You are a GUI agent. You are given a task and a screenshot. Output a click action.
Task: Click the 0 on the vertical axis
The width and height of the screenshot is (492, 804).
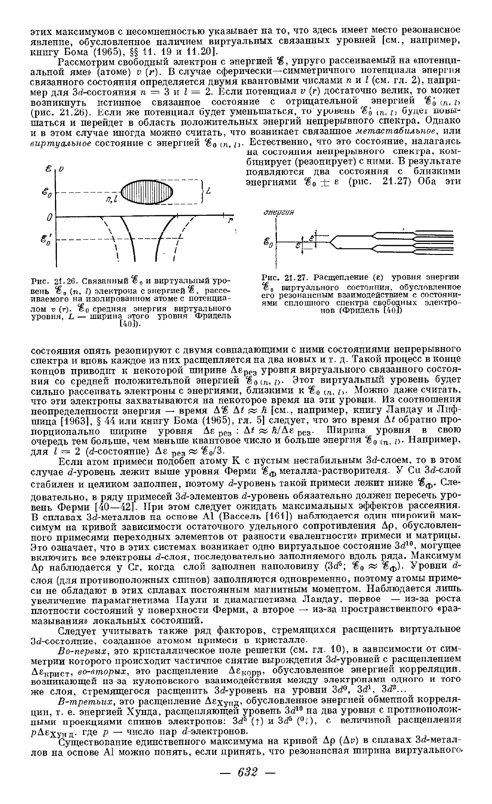pyautogui.click(x=49, y=218)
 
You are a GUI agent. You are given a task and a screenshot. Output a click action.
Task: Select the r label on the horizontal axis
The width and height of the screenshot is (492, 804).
pyautogui.click(x=230, y=220)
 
